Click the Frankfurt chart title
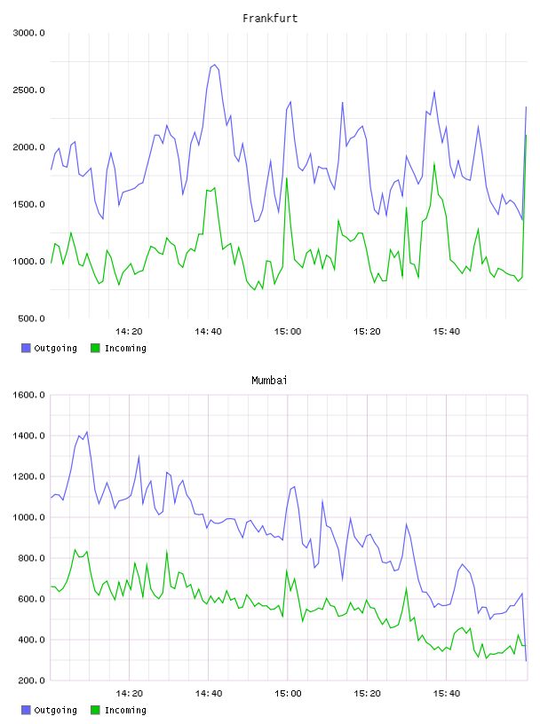pos(270,19)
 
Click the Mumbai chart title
pos(269,381)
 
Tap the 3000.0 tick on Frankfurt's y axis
pos(28,33)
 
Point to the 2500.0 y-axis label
pos(28,90)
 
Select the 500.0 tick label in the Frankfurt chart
pos(31,319)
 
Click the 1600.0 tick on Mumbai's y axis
pos(28,395)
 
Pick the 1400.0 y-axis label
pos(28,436)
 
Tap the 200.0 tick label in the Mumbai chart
pos(31,681)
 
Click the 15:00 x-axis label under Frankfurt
pos(288,332)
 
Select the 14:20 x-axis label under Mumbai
pos(129,694)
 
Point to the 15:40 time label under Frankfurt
pos(447,332)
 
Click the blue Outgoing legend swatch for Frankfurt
pos(26,348)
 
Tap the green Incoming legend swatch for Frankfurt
pos(95,348)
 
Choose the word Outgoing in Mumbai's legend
pos(55,710)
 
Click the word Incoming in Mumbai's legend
pos(125,710)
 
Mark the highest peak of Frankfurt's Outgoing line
pos(214,65)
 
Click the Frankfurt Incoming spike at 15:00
pos(287,178)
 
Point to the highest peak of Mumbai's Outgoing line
pos(87,432)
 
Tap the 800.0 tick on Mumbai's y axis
pos(31,558)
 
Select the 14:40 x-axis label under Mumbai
pos(209,694)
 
